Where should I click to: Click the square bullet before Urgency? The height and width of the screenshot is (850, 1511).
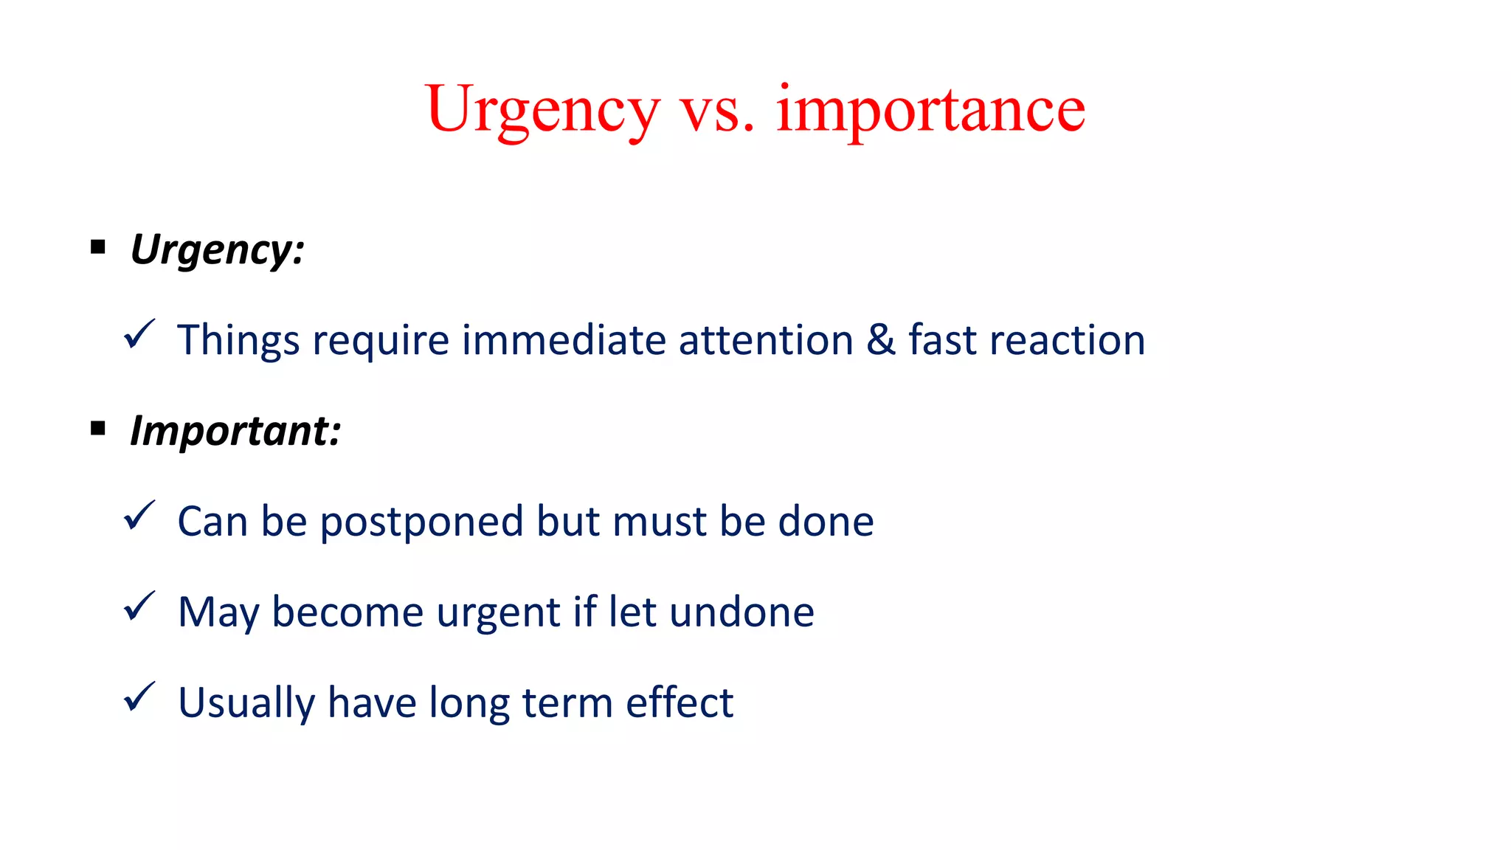point(98,246)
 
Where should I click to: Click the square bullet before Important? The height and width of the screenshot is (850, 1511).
point(98,428)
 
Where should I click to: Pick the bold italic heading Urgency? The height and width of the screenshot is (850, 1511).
point(217,249)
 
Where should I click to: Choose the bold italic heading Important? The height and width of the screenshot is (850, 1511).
point(235,431)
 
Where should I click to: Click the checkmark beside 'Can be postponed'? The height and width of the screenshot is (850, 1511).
point(139,516)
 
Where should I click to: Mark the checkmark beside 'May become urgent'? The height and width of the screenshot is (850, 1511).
point(139,607)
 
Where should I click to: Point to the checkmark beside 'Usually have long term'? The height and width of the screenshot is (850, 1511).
point(139,697)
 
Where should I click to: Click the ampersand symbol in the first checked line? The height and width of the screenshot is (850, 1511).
point(880,339)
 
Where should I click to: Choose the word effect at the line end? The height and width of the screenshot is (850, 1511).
point(679,702)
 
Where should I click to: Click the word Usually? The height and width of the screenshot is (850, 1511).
point(246,703)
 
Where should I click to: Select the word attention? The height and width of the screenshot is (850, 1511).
point(765,339)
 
